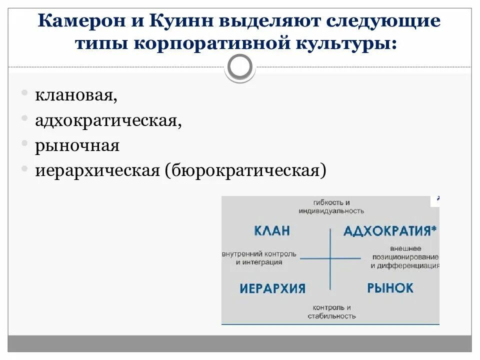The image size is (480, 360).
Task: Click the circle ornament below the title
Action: [x=240, y=66]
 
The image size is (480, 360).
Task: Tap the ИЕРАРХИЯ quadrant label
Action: [x=272, y=288]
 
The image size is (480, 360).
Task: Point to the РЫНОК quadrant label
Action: [x=390, y=288]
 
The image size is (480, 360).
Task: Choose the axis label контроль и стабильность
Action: [x=331, y=311]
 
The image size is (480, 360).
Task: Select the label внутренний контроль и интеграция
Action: [x=259, y=258]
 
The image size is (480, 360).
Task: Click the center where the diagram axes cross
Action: [x=330, y=258]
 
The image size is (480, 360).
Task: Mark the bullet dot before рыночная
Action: [x=24, y=144]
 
